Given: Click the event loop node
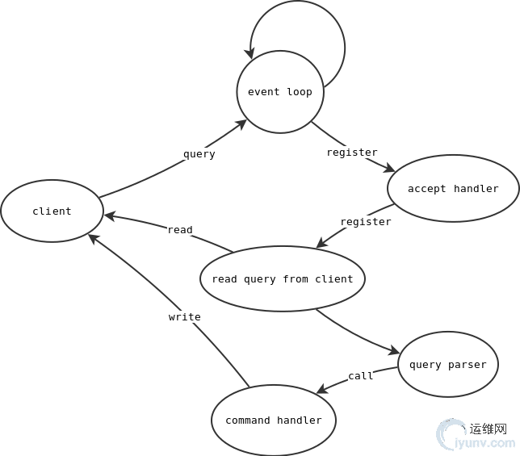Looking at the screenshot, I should point(280,92).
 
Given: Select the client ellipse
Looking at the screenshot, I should point(52,211).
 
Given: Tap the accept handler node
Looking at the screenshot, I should point(453,189).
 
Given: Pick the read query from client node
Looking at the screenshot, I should point(283,279).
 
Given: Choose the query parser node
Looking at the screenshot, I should point(448,365).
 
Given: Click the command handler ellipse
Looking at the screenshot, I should point(274,420).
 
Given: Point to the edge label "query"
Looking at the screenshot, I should point(199,154).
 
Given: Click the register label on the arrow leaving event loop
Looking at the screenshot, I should point(352,153).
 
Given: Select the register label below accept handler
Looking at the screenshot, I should point(366,222).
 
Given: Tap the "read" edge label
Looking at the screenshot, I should point(180,230).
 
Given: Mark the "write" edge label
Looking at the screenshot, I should point(185,317).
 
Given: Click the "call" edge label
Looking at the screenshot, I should point(361,376).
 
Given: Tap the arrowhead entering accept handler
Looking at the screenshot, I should point(390,169).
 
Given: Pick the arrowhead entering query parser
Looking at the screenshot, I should point(394,352).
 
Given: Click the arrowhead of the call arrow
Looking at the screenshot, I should point(321,391).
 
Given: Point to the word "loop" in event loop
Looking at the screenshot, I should point(300,92).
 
